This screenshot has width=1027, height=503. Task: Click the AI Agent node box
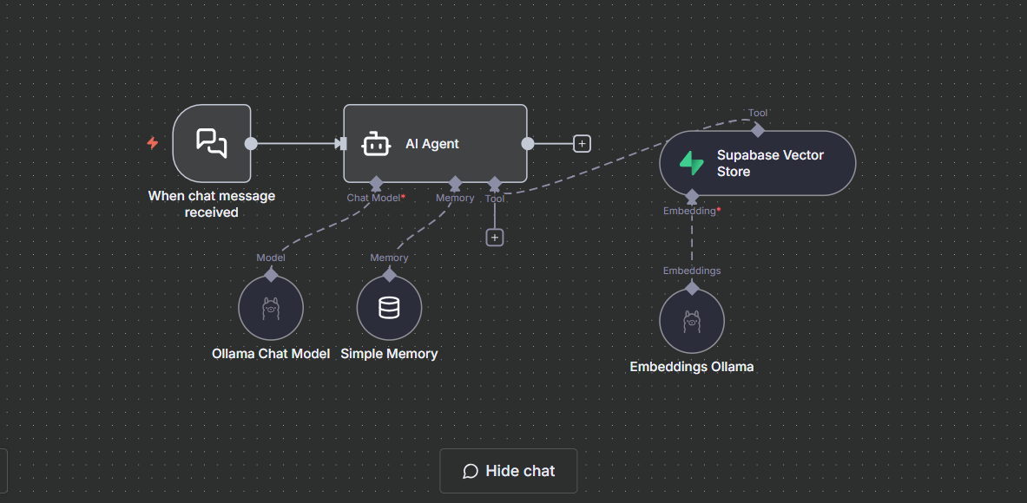pyautogui.click(x=435, y=143)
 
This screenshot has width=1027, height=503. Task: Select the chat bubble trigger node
pyautogui.click(x=212, y=143)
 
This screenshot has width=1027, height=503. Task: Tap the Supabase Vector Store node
pyautogui.click(x=757, y=163)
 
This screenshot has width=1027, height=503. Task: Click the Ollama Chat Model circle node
pyautogui.click(x=271, y=307)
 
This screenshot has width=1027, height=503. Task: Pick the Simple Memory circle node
pyautogui.click(x=389, y=307)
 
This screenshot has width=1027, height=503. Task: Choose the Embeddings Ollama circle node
pyautogui.click(x=692, y=321)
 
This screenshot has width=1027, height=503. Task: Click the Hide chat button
pyautogui.click(x=508, y=471)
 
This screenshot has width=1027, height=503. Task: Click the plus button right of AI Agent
pyautogui.click(x=582, y=143)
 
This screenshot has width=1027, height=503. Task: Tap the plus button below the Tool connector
pyautogui.click(x=495, y=238)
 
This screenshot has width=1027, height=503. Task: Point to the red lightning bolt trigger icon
pyautogui.click(x=153, y=142)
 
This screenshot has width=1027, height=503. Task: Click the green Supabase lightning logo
pyautogui.click(x=691, y=163)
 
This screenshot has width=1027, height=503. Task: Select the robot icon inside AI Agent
pyautogui.click(x=376, y=144)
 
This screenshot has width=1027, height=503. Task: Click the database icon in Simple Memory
pyautogui.click(x=389, y=307)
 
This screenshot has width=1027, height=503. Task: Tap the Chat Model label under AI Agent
pyautogui.click(x=373, y=198)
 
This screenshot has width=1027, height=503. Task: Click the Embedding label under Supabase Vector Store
pyautogui.click(x=692, y=211)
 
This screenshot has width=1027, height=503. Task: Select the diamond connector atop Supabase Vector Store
pyautogui.click(x=757, y=130)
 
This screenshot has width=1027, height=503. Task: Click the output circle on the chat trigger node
pyautogui.click(x=251, y=143)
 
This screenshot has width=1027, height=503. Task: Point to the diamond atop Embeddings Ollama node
pyautogui.click(x=692, y=288)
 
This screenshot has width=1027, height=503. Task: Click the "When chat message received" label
pyautogui.click(x=212, y=204)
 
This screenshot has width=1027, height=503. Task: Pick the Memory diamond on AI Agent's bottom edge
pyautogui.click(x=455, y=183)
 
